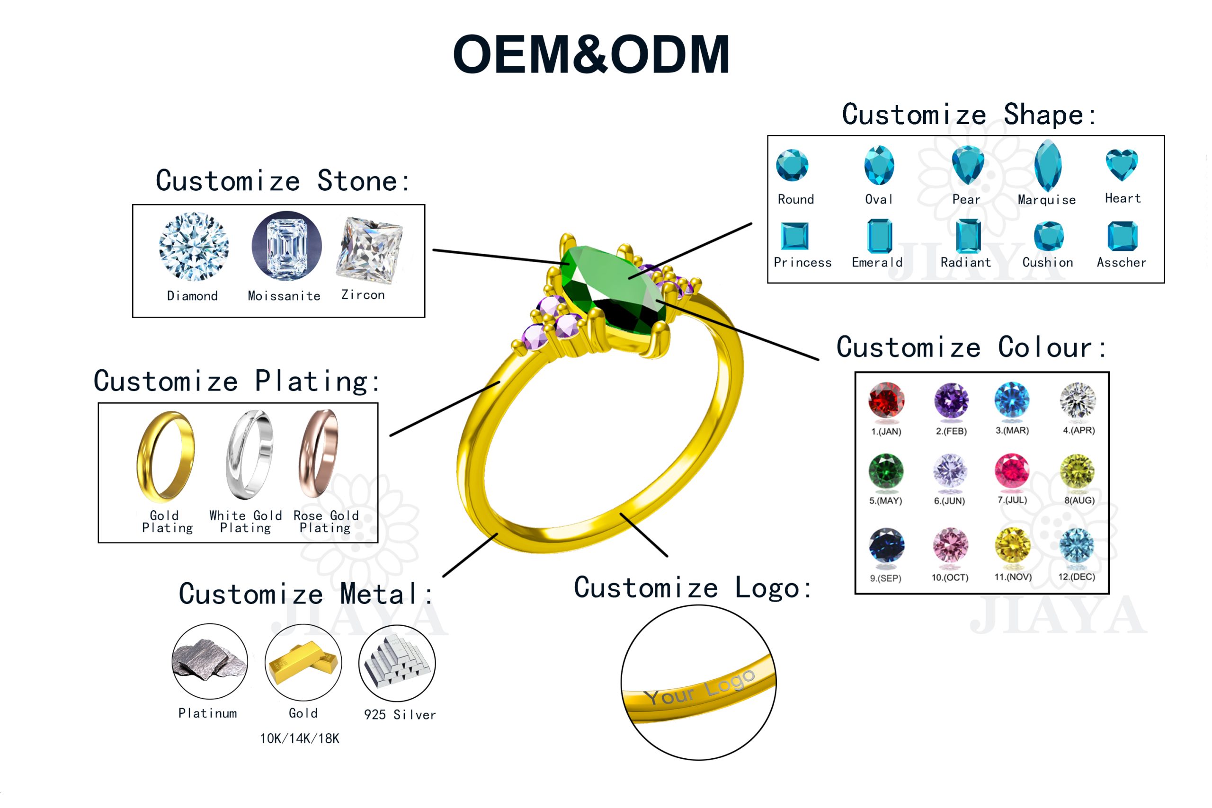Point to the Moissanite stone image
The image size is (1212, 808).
pos(287,247)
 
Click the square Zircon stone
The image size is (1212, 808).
pos(370,251)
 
